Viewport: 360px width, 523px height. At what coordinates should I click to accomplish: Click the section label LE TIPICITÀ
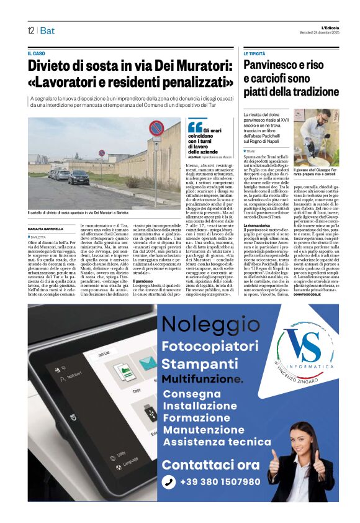tap(254, 54)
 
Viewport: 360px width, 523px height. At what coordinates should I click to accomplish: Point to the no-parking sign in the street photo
tap(156, 129)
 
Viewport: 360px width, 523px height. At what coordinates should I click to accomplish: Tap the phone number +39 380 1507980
tap(220, 481)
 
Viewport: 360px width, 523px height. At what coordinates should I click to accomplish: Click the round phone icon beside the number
tap(169, 482)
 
